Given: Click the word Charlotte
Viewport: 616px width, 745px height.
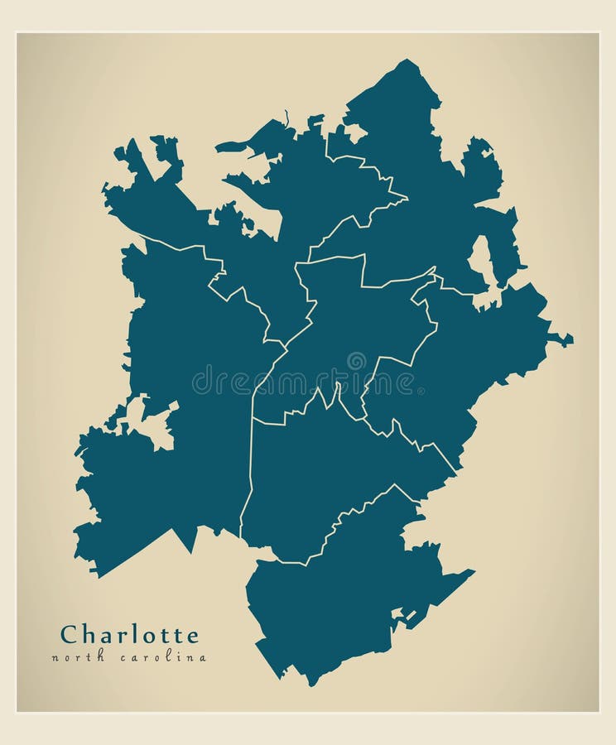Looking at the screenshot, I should point(129,635).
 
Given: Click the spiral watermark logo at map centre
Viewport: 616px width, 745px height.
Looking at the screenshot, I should point(356,362).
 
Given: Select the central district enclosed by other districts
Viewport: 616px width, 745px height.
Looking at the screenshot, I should point(348,331).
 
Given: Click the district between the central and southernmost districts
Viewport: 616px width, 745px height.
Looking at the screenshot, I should point(331,472).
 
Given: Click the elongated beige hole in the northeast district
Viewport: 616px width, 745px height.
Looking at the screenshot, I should point(481,260).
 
